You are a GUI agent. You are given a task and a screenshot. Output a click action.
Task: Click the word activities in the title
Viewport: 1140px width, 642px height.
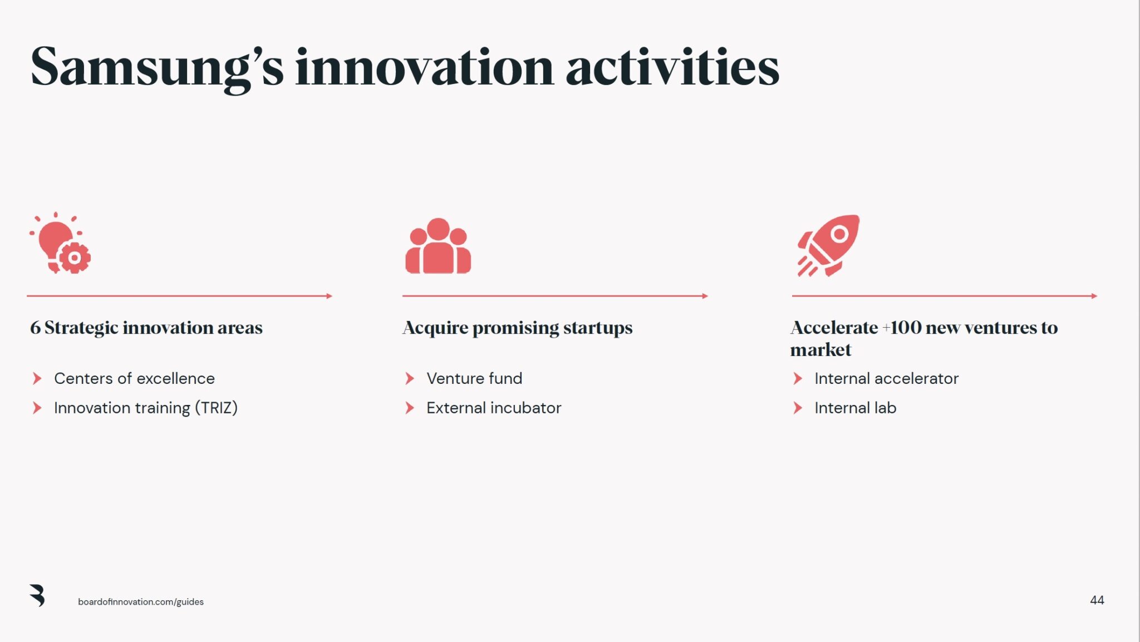click(672, 68)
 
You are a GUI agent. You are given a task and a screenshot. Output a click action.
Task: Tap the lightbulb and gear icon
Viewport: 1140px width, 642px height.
click(60, 244)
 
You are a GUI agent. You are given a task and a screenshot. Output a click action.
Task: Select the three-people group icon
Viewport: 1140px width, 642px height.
click(438, 246)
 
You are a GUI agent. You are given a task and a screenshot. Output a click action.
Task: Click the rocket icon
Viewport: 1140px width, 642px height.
click(828, 245)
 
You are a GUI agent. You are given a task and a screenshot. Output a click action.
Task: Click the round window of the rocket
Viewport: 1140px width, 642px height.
click(839, 234)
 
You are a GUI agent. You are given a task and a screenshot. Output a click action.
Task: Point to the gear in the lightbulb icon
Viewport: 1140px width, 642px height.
click(74, 258)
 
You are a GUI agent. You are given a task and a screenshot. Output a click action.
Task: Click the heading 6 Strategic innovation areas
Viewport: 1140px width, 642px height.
click(146, 328)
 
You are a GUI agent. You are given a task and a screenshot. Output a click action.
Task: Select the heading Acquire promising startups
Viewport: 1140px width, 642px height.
click(517, 328)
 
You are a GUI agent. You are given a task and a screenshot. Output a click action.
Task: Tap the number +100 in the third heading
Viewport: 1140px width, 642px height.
click(902, 328)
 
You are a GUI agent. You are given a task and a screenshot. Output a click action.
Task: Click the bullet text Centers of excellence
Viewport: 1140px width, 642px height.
click(134, 379)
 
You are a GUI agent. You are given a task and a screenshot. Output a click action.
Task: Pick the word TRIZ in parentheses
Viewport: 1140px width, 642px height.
click(216, 408)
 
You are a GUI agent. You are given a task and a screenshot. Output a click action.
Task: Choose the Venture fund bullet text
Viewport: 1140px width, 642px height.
click(474, 379)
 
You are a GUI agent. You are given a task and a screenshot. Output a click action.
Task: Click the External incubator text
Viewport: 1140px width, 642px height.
click(494, 408)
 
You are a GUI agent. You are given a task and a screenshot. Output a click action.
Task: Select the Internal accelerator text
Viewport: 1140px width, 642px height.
click(886, 379)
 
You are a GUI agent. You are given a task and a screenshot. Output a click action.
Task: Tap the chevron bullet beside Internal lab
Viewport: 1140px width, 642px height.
click(798, 408)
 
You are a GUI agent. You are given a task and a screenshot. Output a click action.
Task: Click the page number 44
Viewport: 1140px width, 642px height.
click(1097, 600)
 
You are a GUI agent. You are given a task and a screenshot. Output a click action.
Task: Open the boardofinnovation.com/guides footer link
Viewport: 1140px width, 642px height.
click(141, 602)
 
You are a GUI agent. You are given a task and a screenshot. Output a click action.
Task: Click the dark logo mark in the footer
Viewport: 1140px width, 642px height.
click(37, 595)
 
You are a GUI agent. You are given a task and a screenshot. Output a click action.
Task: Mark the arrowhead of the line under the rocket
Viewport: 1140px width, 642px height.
click(1094, 296)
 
